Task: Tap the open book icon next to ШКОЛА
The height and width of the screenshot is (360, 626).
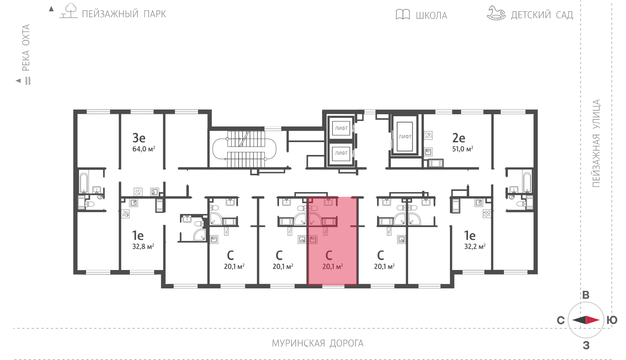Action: tap(403, 14)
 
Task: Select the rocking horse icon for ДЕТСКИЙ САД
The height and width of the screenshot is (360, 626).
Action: tap(496, 13)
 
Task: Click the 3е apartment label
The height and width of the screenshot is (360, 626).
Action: tap(139, 138)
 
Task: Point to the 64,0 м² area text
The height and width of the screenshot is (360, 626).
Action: tap(144, 149)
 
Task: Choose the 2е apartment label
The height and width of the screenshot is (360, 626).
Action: tap(459, 138)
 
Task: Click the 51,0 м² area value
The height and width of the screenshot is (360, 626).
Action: tap(463, 149)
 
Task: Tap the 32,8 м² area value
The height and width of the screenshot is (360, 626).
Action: tap(143, 247)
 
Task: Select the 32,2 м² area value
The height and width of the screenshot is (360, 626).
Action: tap(475, 247)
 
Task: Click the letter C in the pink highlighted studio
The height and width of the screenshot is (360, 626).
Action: tap(329, 255)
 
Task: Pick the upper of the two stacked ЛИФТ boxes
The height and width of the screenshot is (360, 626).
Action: tap(341, 128)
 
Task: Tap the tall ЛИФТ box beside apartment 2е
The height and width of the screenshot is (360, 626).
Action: tap(405, 137)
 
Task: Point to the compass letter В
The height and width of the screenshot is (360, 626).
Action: tap(586, 295)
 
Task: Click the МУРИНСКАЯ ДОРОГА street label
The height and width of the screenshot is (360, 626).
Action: tap(317, 343)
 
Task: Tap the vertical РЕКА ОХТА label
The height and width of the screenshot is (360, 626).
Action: tap(26, 47)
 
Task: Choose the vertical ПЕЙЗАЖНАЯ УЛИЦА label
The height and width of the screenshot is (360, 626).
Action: tap(596, 143)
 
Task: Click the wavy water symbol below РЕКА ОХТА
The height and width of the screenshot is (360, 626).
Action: tap(28, 81)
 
